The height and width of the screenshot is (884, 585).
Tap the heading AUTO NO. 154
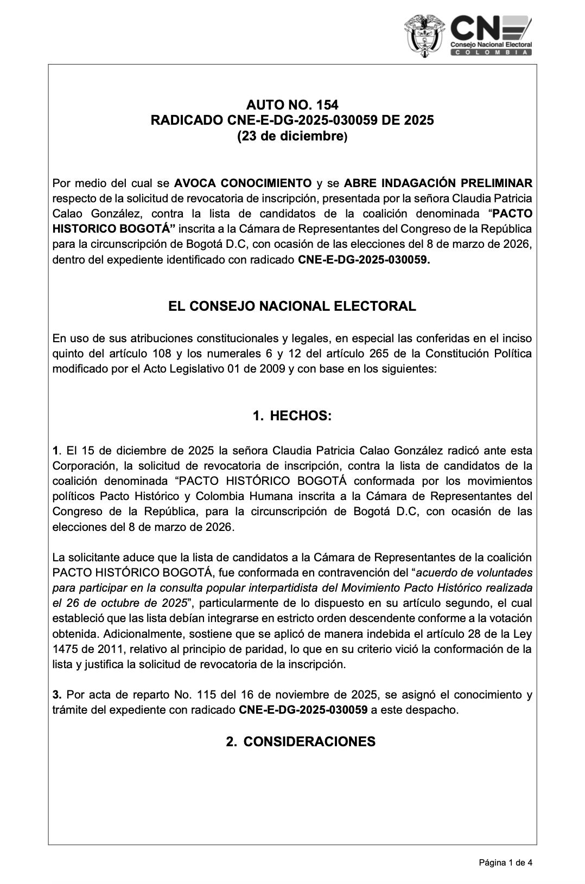point(292,105)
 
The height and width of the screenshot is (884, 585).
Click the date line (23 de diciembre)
point(292,136)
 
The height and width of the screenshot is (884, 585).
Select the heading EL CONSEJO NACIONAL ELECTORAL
point(292,306)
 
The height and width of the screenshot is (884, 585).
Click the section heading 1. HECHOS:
point(292,416)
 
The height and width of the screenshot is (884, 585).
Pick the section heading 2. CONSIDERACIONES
point(300,741)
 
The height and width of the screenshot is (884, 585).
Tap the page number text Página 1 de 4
point(505,862)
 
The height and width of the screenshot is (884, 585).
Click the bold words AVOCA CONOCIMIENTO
point(243,183)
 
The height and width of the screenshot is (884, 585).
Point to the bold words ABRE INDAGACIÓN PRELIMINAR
point(438,183)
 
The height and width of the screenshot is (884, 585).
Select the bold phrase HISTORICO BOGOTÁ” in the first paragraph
point(114,229)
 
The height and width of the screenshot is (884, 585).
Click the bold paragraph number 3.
point(56,695)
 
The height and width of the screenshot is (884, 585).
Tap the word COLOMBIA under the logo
point(491,52)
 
